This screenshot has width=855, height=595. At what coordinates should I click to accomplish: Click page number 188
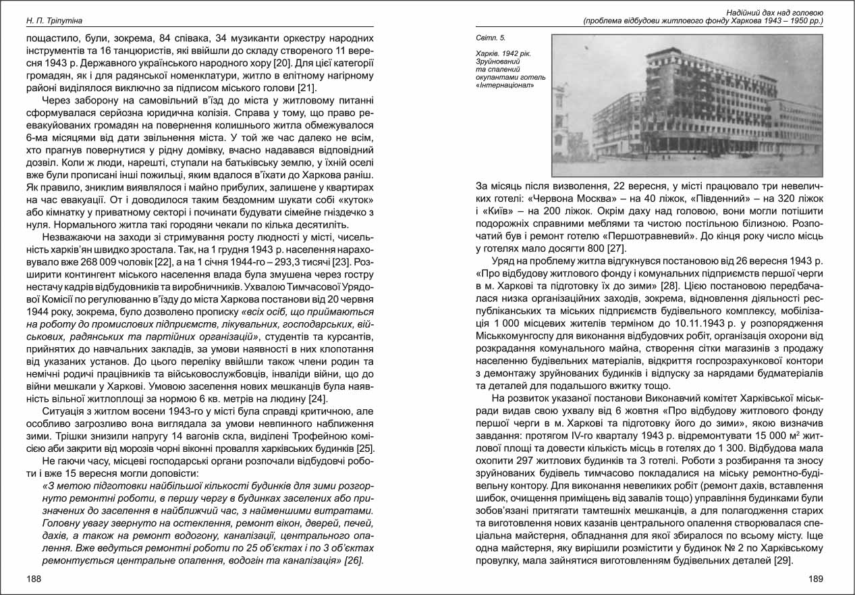click(34, 579)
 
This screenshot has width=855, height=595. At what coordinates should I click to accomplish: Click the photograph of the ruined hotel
click(688, 106)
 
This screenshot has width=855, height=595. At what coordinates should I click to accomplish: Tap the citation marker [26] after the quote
click(354, 560)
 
